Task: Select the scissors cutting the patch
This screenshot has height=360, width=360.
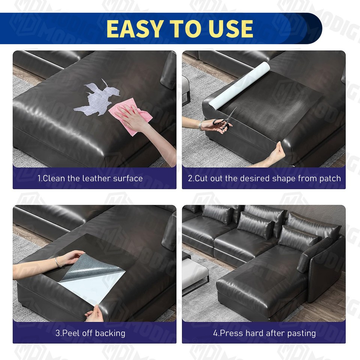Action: coord(225,120)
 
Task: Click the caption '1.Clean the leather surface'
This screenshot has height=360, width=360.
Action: coord(90,178)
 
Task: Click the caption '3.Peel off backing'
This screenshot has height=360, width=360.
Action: coord(90,333)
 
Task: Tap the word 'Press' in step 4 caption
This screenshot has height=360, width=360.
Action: coord(231,333)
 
